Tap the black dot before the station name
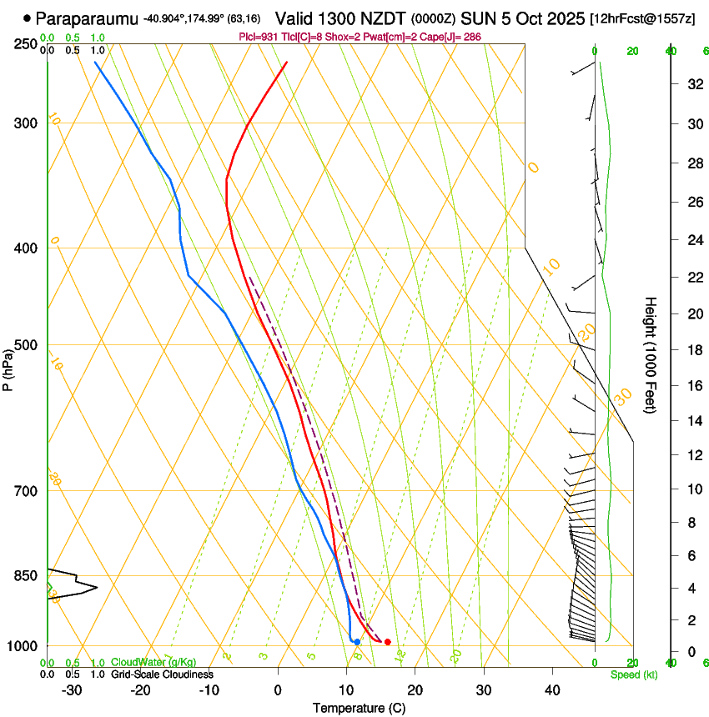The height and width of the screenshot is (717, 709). (28, 18)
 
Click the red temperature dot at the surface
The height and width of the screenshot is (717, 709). (387, 642)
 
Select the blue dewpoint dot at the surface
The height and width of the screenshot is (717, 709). (357, 642)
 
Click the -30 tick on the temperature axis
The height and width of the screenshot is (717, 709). (72, 689)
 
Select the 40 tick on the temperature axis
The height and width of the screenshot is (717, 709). (552, 689)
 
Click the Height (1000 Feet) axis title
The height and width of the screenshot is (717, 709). (651, 355)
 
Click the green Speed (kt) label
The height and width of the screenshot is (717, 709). (633, 674)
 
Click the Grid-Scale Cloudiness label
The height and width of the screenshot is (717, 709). (162, 674)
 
